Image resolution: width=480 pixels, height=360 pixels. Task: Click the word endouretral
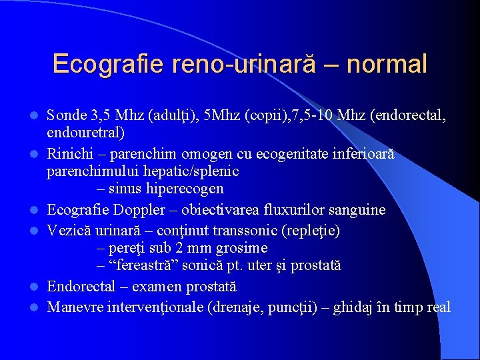pyautogui.click(x=85, y=132)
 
